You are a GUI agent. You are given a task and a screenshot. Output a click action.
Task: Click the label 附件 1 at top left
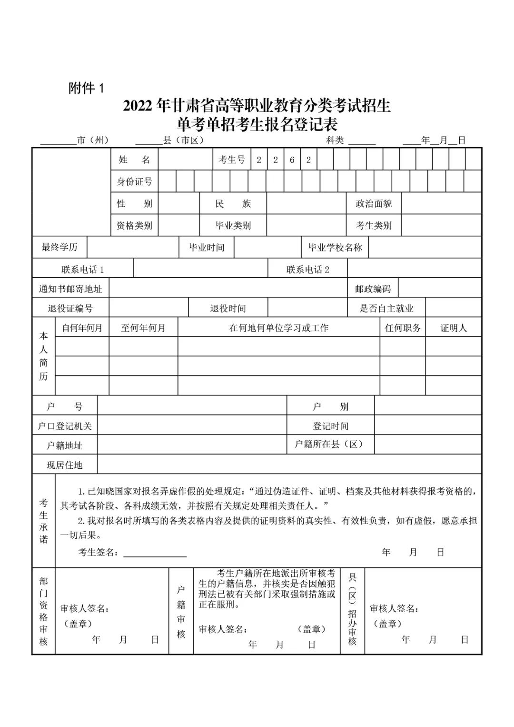[86, 88]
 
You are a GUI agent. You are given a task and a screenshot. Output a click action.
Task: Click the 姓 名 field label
[134, 160]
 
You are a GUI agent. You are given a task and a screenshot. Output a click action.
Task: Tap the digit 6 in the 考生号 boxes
[292, 160]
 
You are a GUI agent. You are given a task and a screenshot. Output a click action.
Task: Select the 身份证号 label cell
[134, 182]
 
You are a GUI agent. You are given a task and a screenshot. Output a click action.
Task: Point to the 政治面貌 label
[374, 204]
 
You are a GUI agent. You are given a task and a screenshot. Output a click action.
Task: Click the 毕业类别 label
[233, 225]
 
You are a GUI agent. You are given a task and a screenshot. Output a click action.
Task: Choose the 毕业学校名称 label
[335, 248]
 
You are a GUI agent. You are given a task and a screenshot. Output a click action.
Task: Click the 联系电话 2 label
[307, 270]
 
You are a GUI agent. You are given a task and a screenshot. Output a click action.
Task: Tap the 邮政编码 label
[373, 289]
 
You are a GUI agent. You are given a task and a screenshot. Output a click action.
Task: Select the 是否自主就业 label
[386, 308]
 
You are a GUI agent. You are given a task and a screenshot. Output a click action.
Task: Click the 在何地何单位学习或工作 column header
[278, 328]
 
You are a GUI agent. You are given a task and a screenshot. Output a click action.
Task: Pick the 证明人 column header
[453, 328]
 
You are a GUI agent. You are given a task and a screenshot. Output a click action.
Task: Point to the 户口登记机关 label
[65, 426]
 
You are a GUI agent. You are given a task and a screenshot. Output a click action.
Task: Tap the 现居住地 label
[65, 465]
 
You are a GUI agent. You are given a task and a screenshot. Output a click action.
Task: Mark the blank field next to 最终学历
[132, 248]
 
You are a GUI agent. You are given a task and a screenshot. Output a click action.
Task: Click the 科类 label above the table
[335, 140]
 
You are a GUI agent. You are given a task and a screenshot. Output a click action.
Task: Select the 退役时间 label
[228, 308]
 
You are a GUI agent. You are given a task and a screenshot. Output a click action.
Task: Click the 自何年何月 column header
[82, 328]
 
